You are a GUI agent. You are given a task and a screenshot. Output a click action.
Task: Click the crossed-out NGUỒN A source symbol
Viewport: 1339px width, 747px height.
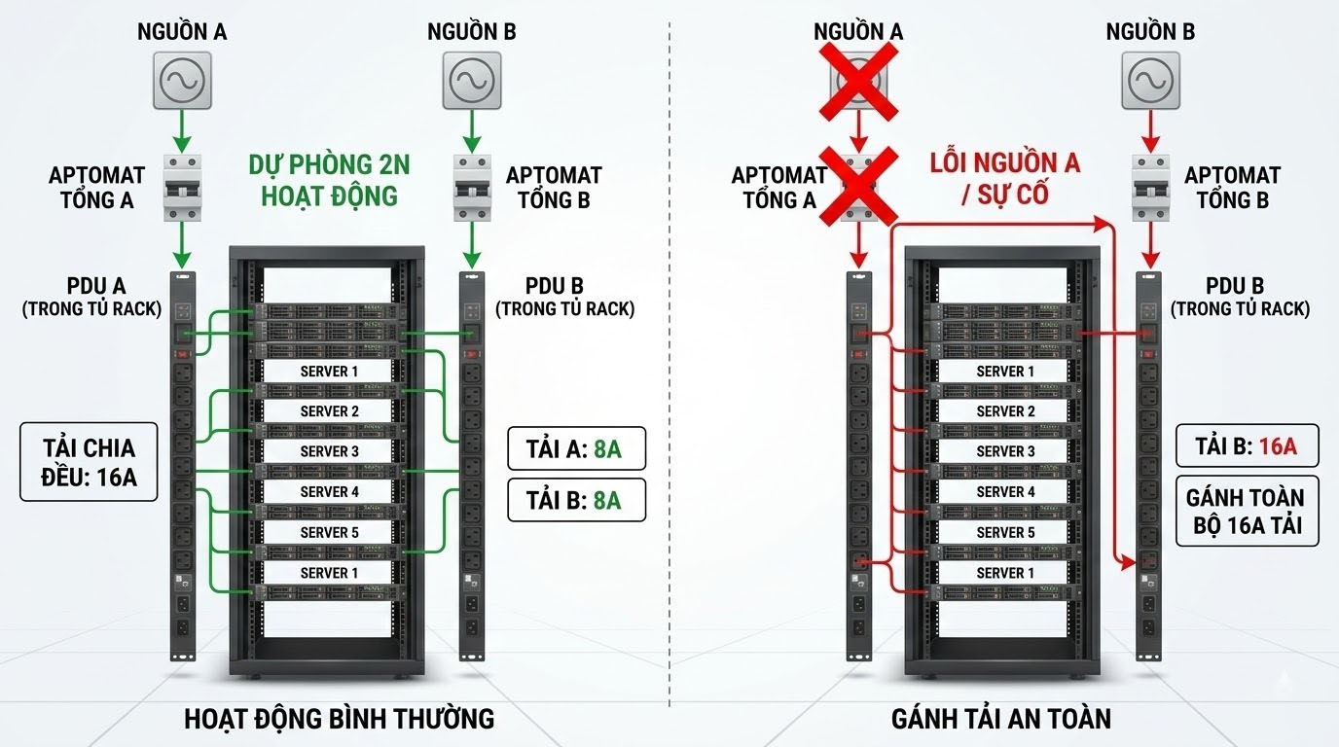pos(857,80)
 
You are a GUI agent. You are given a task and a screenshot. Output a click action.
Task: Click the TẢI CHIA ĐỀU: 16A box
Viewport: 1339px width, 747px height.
pos(89,462)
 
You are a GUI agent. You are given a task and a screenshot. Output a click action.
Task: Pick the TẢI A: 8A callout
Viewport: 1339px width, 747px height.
pos(576,449)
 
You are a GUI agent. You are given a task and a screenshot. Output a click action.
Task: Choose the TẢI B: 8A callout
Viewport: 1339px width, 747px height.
pos(576,500)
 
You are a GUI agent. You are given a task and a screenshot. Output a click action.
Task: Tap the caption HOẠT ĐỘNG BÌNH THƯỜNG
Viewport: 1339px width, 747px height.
pos(340,719)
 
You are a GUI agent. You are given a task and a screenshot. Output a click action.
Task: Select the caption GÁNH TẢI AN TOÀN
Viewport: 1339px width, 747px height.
pos(1000,719)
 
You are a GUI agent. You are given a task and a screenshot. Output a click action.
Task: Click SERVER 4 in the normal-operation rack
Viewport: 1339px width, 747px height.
pos(329,491)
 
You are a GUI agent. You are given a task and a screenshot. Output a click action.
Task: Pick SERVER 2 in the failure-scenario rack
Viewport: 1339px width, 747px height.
pos(1005,411)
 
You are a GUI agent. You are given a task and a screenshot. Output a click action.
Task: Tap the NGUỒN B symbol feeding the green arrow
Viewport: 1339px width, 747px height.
pos(472,80)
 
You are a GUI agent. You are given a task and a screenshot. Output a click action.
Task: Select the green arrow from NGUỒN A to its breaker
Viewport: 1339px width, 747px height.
pos(181,126)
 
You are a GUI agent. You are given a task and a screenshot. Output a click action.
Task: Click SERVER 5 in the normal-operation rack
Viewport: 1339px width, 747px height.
pos(329,532)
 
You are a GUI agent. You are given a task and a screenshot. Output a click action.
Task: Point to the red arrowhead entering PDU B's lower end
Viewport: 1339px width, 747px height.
pos(1130,562)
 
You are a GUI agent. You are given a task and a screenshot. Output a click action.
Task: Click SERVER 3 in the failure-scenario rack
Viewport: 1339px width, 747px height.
pos(1005,451)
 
